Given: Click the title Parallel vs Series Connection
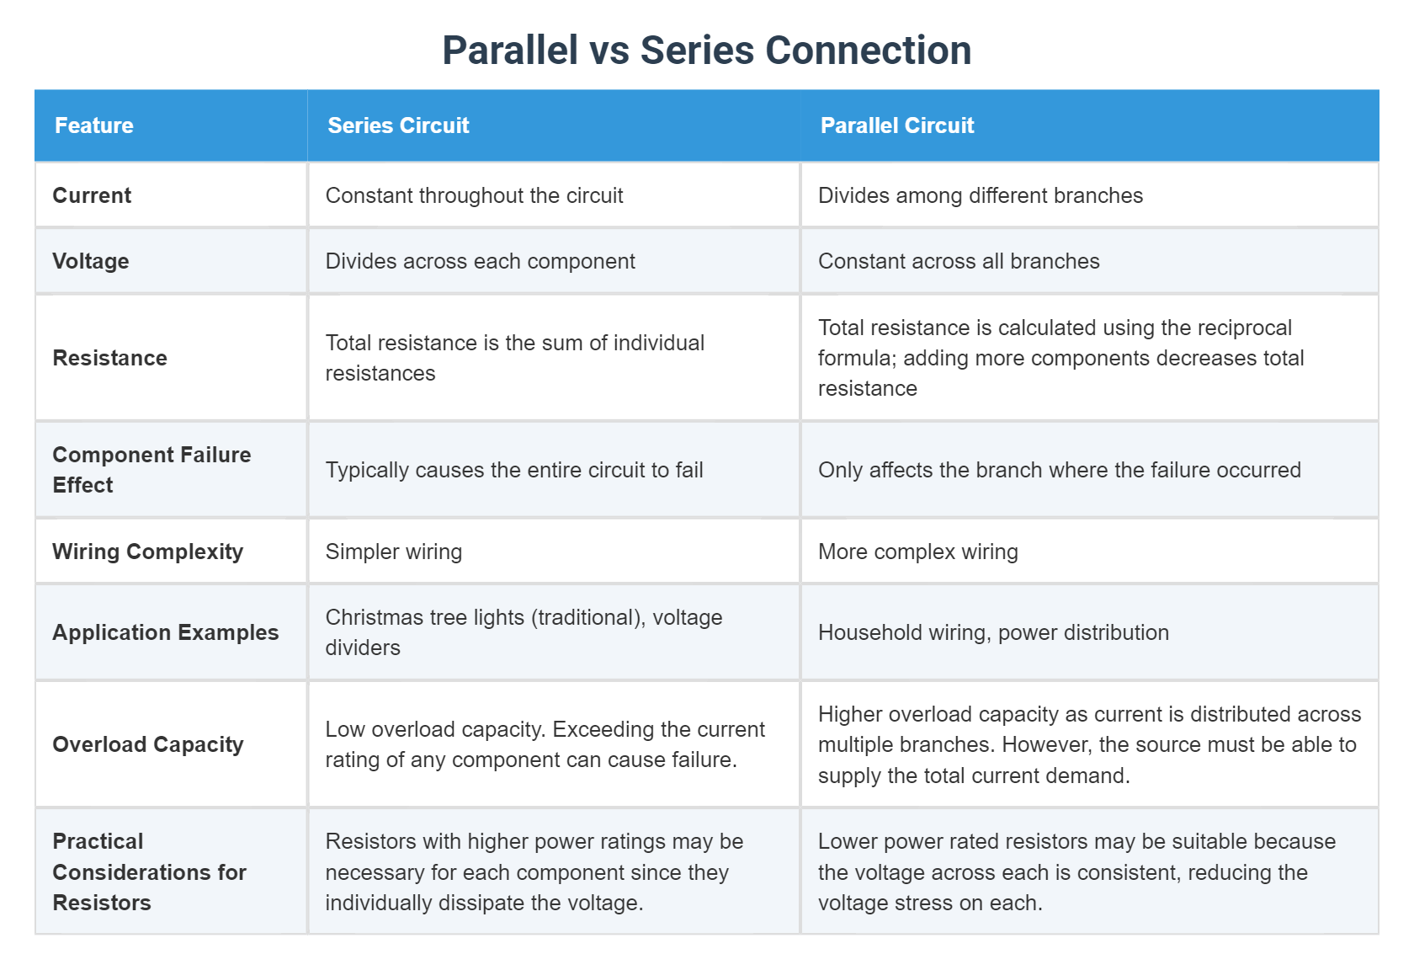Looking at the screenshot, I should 707,51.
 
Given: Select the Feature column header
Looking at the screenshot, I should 94,125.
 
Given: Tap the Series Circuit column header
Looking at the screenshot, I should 398,125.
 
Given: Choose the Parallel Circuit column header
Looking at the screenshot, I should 897,125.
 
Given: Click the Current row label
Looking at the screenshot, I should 92,195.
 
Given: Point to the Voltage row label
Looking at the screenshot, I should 91,261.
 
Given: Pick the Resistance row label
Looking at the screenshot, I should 110,358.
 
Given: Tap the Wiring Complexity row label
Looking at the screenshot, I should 148,552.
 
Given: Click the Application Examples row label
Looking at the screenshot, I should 166,632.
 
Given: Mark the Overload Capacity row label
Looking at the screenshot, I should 148,744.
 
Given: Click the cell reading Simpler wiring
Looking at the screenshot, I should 394,552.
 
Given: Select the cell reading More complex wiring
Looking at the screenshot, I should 918,552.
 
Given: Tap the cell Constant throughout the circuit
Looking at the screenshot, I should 475,195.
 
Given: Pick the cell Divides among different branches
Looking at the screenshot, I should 981,195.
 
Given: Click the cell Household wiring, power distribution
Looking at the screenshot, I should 994,632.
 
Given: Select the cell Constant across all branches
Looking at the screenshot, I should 959,261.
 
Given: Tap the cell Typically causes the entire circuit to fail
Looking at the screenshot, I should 514,470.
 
